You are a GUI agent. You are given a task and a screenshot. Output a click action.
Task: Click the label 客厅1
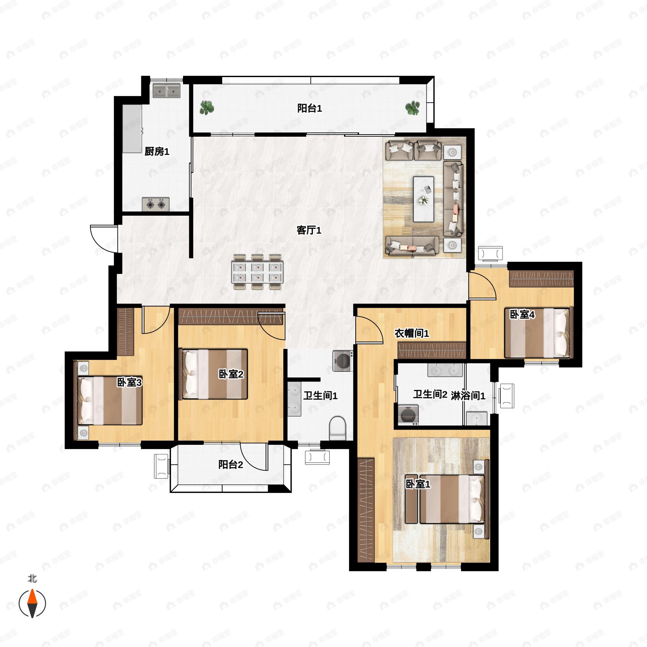coord(309,230)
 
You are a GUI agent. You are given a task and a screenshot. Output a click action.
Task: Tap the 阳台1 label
coord(310,108)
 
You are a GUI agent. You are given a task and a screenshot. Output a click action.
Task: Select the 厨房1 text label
coord(157,152)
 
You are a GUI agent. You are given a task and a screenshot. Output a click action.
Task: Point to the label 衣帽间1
coord(412,333)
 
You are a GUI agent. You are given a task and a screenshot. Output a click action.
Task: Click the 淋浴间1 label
coord(468,395)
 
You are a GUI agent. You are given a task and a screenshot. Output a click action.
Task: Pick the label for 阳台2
coord(230,464)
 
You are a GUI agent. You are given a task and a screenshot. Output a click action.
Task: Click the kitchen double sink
coord(166,90)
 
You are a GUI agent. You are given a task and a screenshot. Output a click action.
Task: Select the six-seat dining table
coord(257,272)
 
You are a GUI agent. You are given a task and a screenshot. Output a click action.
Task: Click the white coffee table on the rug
coord(424,199)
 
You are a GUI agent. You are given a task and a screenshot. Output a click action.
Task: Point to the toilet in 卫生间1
coord(337,428)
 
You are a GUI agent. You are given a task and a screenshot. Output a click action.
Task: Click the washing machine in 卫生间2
coord(408,415)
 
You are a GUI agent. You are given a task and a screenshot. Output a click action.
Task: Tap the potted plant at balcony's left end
coord(207,108)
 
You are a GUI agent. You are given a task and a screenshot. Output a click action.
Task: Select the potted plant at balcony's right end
coord(412,108)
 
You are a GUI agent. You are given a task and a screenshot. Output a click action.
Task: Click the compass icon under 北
coord(32,604)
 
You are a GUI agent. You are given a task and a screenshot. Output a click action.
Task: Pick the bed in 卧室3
coord(110,401)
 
